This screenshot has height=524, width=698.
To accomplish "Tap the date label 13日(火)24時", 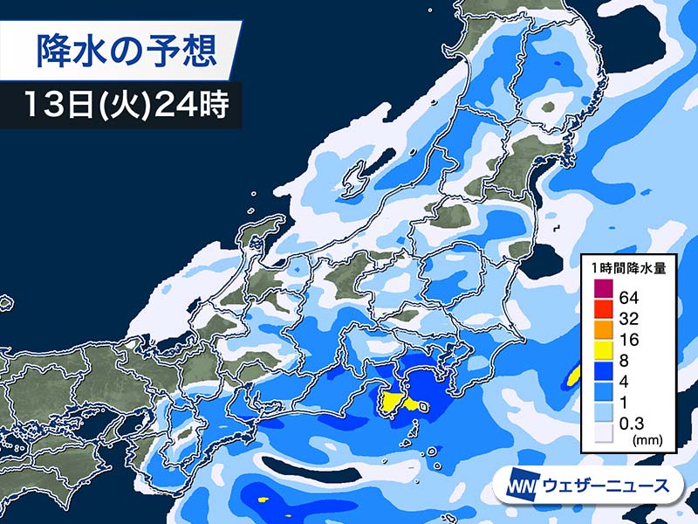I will click(122, 107).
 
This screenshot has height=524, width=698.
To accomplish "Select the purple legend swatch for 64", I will click(603, 290).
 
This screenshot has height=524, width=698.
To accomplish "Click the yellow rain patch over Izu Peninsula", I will click(393, 403).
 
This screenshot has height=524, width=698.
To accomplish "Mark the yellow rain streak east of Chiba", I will click(573, 376).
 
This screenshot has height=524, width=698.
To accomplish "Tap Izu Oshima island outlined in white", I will click(424, 406).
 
